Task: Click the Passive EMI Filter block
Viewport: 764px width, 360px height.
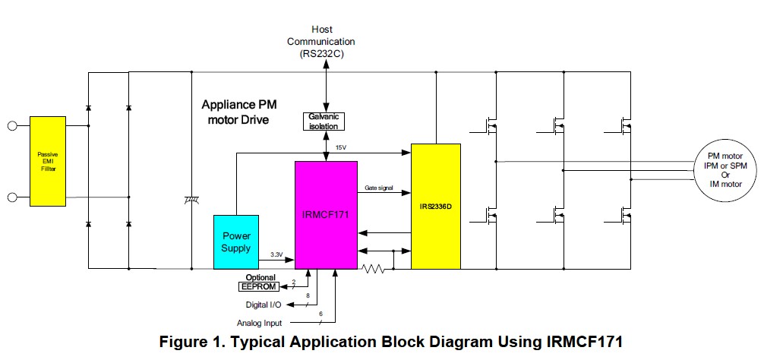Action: click(x=48, y=161)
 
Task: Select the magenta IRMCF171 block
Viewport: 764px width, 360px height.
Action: click(x=326, y=215)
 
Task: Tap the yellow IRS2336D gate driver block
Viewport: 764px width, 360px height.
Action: click(x=436, y=206)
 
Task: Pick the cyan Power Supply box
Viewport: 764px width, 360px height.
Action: click(x=236, y=242)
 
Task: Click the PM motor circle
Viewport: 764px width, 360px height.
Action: click(x=725, y=170)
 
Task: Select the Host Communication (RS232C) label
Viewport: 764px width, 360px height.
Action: click(x=321, y=42)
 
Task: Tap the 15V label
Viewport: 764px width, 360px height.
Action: click(x=341, y=147)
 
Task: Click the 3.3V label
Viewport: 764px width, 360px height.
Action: click(x=277, y=254)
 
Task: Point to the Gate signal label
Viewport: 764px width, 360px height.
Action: click(x=378, y=188)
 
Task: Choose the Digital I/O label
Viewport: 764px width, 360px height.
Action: click(x=264, y=305)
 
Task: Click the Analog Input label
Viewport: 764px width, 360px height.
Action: click(x=259, y=323)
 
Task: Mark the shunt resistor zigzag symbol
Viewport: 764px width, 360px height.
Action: click(x=374, y=268)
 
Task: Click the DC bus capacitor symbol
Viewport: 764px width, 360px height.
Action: click(x=192, y=200)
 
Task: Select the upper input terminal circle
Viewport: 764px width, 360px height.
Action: click(x=13, y=126)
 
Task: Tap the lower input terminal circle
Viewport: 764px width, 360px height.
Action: click(x=13, y=197)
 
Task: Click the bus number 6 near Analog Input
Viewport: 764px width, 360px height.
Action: click(x=320, y=314)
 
